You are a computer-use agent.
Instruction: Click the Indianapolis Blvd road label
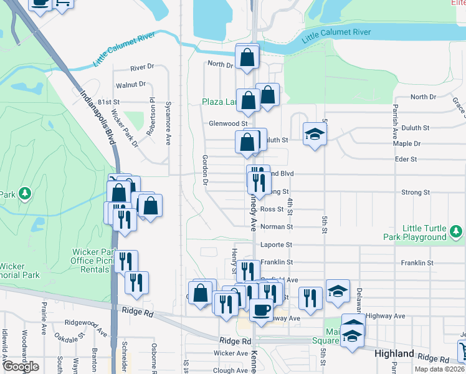pos(98,117)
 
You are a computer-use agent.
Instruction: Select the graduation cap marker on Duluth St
pos(315,134)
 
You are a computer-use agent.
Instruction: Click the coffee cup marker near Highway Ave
pos(261,309)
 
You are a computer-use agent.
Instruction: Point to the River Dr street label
pos(142,67)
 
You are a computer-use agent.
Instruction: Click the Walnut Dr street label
pos(130,85)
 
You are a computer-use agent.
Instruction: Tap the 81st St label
pos(108,102)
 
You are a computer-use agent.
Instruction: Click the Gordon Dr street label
pos(204,171)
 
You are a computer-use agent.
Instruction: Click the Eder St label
pos(406,160)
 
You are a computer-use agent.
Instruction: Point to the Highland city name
pos(394,354)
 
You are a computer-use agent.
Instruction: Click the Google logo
pos(21,367)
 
